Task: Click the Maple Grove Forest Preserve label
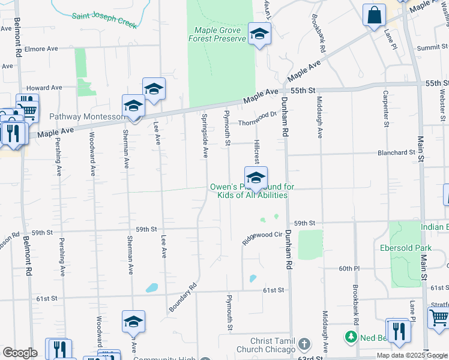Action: point(217,34)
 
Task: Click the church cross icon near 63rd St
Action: point(304,344)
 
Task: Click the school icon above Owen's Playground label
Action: point(256,178)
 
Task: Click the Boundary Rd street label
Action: point(182,298)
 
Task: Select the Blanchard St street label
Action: point(396,152)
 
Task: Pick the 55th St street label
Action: point(303,90)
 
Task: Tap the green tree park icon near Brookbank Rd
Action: point(351,337)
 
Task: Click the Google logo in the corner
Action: point(20,353)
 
